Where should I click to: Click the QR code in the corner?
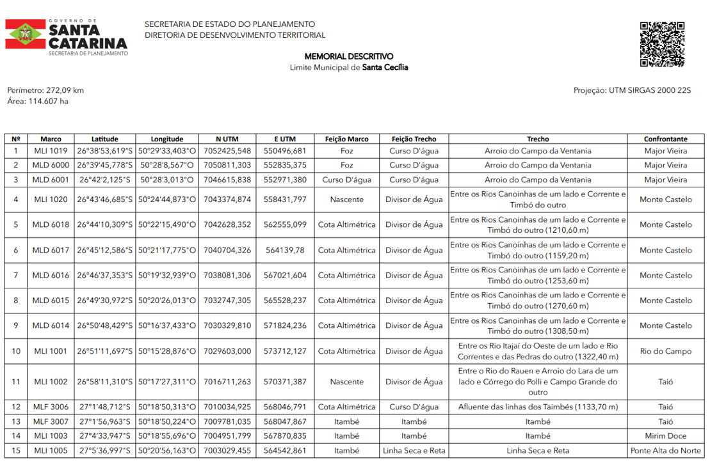point(662,44)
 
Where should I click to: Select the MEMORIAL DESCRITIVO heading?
point(349,56)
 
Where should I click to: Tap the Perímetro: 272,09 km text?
point(45,90)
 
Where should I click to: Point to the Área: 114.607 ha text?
point(38,101)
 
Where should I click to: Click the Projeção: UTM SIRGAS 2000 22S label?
point(632,90)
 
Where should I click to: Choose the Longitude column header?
point(167,139)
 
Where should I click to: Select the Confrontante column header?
point(666,139)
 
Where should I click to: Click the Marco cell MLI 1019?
point(51,151)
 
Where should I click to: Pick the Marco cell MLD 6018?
point(51,224)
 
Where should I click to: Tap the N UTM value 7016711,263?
point(227,382)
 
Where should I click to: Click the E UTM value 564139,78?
point(285,250)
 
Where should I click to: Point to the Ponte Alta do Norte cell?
point(666,451)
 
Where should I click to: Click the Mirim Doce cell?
point(666,436)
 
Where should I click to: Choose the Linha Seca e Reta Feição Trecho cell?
point(414,451)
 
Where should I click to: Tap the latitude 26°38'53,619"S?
point(105,151)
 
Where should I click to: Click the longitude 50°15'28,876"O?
point(167,351)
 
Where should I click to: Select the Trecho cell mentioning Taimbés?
point(538,407)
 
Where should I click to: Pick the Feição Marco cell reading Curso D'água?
point(346,180)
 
